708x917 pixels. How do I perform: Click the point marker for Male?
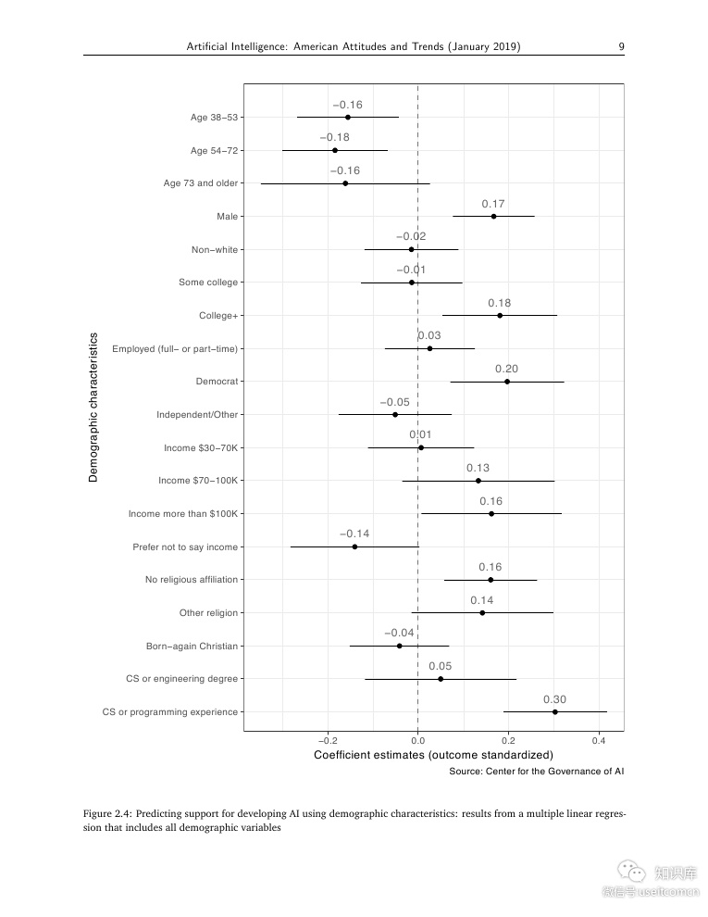coord(493,217)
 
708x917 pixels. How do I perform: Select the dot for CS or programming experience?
coord(555,712)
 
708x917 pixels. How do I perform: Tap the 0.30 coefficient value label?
coord(554,699)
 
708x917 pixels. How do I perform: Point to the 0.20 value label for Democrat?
coord(506,369)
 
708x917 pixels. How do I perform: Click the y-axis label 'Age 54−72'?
coord(214,150)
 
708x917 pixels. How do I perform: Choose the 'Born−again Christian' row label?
coord(192,646)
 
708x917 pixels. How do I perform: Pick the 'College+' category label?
coord(218,316)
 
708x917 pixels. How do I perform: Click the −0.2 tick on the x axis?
coord(328,741)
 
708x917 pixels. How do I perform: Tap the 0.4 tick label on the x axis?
coord(599,741)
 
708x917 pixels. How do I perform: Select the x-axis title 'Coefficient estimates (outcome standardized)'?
coord(433,755)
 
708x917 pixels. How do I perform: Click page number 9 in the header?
coord(621,46)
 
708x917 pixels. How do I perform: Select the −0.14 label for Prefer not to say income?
coord(354,534)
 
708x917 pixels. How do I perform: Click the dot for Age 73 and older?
coord(345,183)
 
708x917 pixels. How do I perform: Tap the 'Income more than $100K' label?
coord(182,514)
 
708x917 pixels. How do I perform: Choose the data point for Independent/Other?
coord(395,415)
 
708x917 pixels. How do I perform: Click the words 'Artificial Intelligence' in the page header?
coord(238,46)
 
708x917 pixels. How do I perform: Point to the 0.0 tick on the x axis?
coord(418,741)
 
